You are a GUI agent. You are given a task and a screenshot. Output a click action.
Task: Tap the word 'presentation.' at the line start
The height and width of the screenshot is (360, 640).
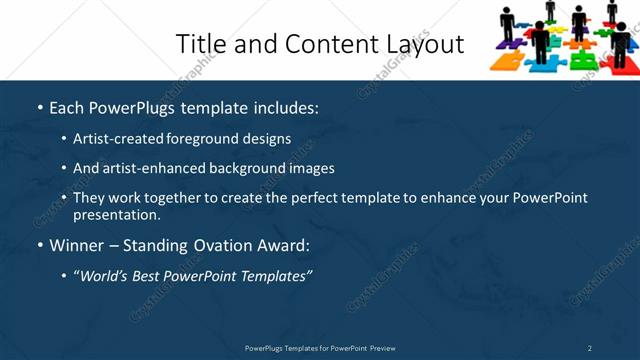(x=117, y=214)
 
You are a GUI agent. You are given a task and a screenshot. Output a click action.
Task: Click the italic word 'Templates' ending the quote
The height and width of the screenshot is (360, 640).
(x=272, y=275)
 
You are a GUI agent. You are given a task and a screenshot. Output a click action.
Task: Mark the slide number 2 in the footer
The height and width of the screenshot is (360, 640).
(x=589, y=348)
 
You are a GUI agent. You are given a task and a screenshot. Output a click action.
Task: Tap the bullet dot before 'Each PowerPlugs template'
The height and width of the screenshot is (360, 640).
(x=40, y=107)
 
